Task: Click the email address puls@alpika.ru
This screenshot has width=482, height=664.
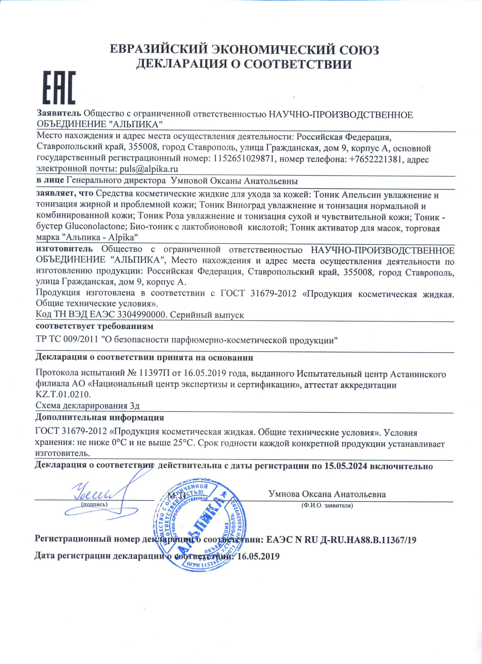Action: [149, 169]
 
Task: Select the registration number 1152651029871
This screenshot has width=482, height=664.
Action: [244, 159]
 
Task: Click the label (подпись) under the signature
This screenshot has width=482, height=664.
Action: [94, 504]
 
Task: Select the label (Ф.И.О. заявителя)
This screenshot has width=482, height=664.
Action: [327, 505]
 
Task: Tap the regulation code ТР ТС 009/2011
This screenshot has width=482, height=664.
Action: [67, 340]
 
